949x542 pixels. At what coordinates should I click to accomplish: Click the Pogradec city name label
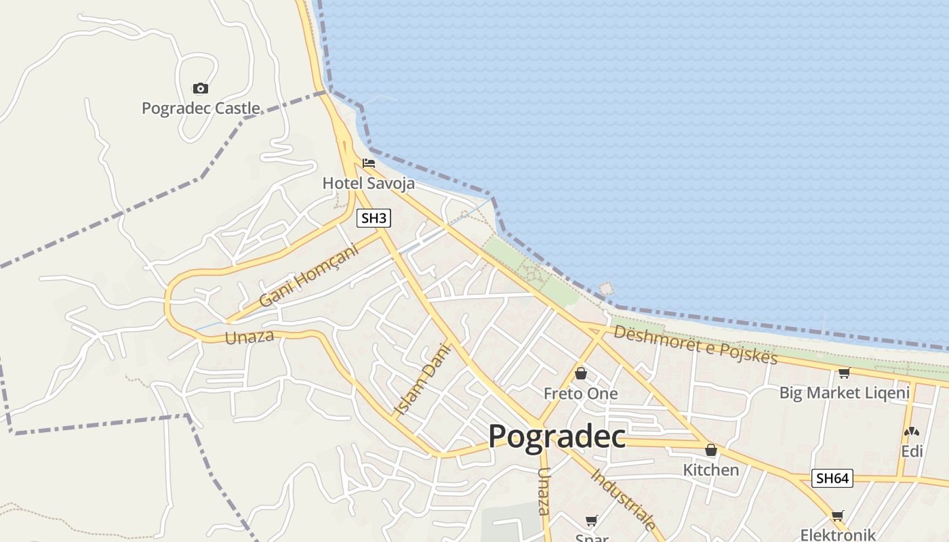(x=557, y=436)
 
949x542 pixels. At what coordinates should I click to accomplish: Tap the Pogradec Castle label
(x=201, y=108)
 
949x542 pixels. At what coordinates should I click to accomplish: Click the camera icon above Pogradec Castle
(x=200, y=88)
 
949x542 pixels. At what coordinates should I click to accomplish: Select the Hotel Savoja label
(x=368, y=183)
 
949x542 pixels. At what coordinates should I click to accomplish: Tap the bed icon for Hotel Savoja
(x=369, y=163)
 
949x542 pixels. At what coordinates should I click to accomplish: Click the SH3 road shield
(x=374, y=218)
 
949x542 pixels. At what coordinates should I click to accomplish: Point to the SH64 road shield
(x=832, y=478)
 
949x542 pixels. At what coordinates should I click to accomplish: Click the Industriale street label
(x=624, y=499)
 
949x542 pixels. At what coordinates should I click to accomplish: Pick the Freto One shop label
(x=581, y=394)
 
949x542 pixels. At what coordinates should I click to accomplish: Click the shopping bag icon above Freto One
(x=581, y=373)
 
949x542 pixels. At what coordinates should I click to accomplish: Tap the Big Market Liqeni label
(x=844, y=393)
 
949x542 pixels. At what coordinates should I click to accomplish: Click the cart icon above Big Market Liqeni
(x=844, y=373)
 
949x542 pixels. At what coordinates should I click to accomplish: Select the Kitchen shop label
(x=710, y=470)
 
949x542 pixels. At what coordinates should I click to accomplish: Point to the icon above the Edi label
(x=912, y=432)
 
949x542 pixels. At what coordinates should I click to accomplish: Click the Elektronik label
(x=838, y=534)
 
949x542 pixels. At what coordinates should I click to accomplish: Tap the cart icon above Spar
(x=591, y=520)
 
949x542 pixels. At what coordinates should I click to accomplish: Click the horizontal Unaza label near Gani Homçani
(x=249, y=337)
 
